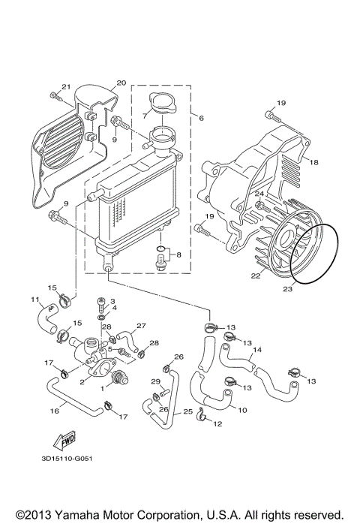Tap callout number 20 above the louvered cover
120,83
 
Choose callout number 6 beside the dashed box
201,117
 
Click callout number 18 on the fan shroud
314,162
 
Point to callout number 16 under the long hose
54,411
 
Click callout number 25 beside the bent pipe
187,411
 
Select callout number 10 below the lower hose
242,410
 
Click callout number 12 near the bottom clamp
218,424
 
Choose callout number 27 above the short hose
140,327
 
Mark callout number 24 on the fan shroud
259,194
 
